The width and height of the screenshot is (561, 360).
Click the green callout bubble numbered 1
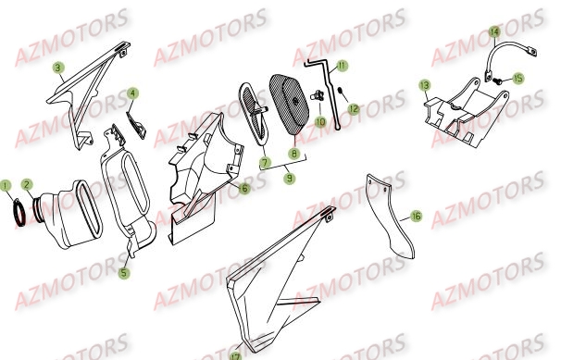[7, 184]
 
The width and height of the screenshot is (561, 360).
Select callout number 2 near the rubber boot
[27, 184]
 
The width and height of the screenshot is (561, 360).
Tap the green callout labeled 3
[57, 67]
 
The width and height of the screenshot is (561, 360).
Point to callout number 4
[133, 93]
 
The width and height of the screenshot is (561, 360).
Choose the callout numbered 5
[125, 272]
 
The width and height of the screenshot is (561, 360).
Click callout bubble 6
[244, 189]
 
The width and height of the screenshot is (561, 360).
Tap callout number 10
[320, 121]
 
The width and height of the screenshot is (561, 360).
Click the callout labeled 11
[342, 66]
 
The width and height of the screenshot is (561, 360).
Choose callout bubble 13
[424, 85]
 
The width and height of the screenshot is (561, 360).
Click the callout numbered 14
[493, 31]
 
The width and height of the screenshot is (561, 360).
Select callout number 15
[517, 79]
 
